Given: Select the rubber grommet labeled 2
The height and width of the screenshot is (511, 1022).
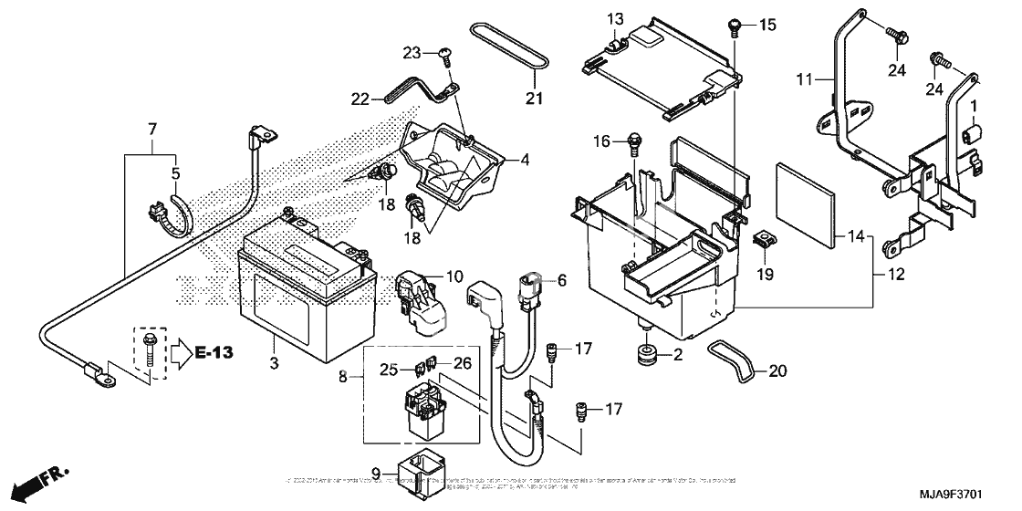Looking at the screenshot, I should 646,353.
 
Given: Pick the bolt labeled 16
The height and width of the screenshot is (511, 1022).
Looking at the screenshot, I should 629,141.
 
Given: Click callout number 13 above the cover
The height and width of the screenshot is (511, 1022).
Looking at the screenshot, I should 616,19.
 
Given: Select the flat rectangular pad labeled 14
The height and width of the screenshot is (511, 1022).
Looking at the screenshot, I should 808,206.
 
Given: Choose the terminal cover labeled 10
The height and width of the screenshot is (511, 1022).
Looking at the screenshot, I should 417,296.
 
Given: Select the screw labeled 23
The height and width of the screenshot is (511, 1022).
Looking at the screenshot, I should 444,57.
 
